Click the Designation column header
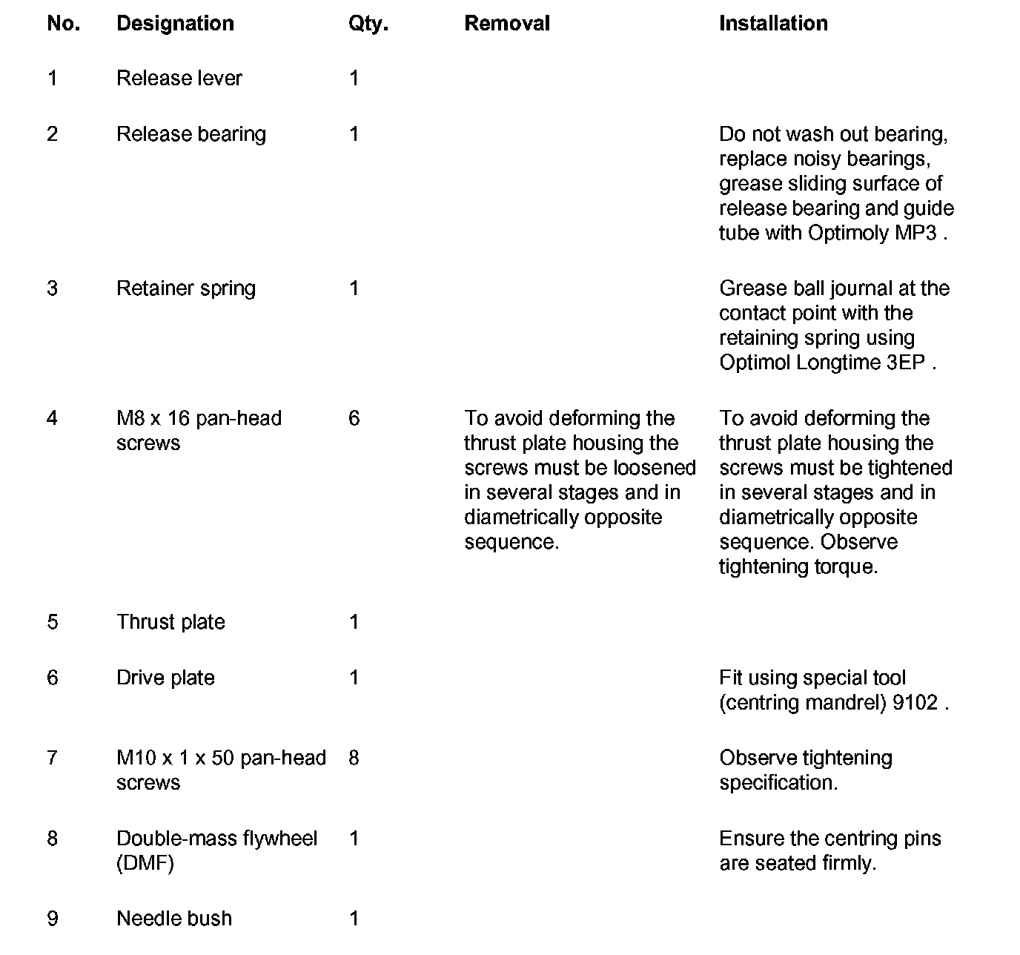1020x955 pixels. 175,24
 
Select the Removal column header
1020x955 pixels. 507,24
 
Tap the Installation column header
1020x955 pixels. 773,24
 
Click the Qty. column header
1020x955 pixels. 368,24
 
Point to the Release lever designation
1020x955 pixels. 179,79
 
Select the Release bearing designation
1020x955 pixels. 191,134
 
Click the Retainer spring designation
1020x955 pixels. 186,288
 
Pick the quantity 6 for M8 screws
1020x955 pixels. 354,419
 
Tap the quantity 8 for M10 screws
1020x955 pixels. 354,759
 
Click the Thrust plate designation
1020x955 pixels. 170,622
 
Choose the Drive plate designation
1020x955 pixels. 165,678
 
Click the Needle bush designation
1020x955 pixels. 174,919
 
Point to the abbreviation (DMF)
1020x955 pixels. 145,864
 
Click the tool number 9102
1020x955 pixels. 915,703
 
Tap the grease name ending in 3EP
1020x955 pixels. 823,363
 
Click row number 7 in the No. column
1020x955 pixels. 53,759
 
